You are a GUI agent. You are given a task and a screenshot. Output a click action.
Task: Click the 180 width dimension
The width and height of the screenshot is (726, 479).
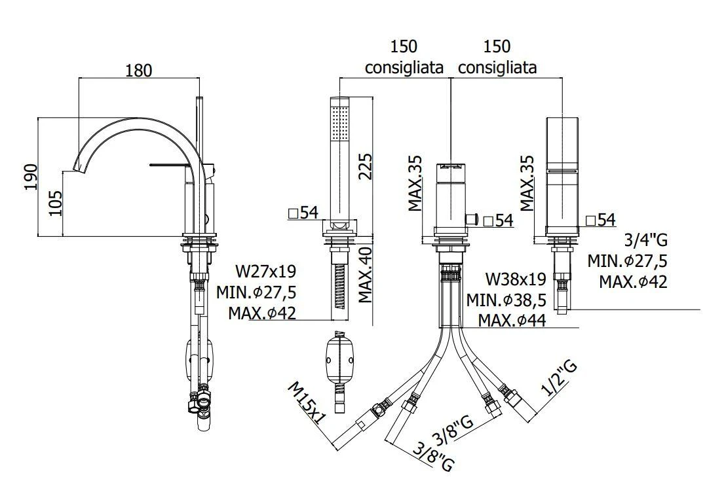(x=139, y=70)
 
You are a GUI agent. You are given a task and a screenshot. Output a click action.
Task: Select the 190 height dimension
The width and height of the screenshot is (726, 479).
(x=31, y=177)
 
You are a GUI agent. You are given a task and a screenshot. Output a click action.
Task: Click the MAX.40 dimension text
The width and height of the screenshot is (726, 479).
(x=366, y=275)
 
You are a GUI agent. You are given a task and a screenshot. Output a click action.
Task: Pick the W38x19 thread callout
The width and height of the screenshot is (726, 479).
(x=516, y=279)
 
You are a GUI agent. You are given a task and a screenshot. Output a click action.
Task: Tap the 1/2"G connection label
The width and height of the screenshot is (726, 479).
(x=560, y=379)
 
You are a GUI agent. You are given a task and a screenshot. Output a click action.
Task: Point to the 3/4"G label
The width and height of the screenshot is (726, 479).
(x=646, y=240)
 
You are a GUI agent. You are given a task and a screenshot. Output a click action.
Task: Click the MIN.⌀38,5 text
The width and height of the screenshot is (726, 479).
(x=506, y=300)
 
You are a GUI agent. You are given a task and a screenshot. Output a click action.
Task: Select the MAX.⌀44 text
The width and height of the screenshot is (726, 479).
(x=512, y=320)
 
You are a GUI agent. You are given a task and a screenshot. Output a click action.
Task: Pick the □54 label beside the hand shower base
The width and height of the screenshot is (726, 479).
(x=303, y=213)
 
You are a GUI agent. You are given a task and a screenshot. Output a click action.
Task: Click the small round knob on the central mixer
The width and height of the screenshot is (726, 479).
(x=472, y=219)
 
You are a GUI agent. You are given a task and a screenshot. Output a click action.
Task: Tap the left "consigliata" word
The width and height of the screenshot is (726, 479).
(x=404, y=67)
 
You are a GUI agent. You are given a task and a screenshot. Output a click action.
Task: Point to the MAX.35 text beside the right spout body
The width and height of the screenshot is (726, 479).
(x=527, y=183)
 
